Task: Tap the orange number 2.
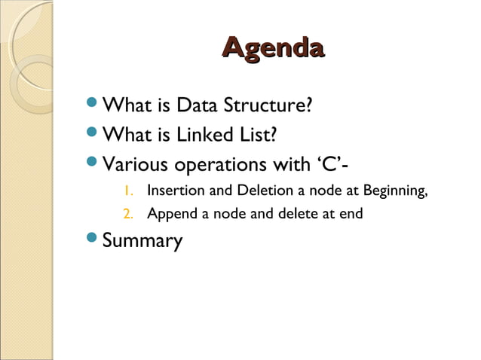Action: [x=128, y=214]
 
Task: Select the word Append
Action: [x=171, y=214]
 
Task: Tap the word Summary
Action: [x=142, y=242]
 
